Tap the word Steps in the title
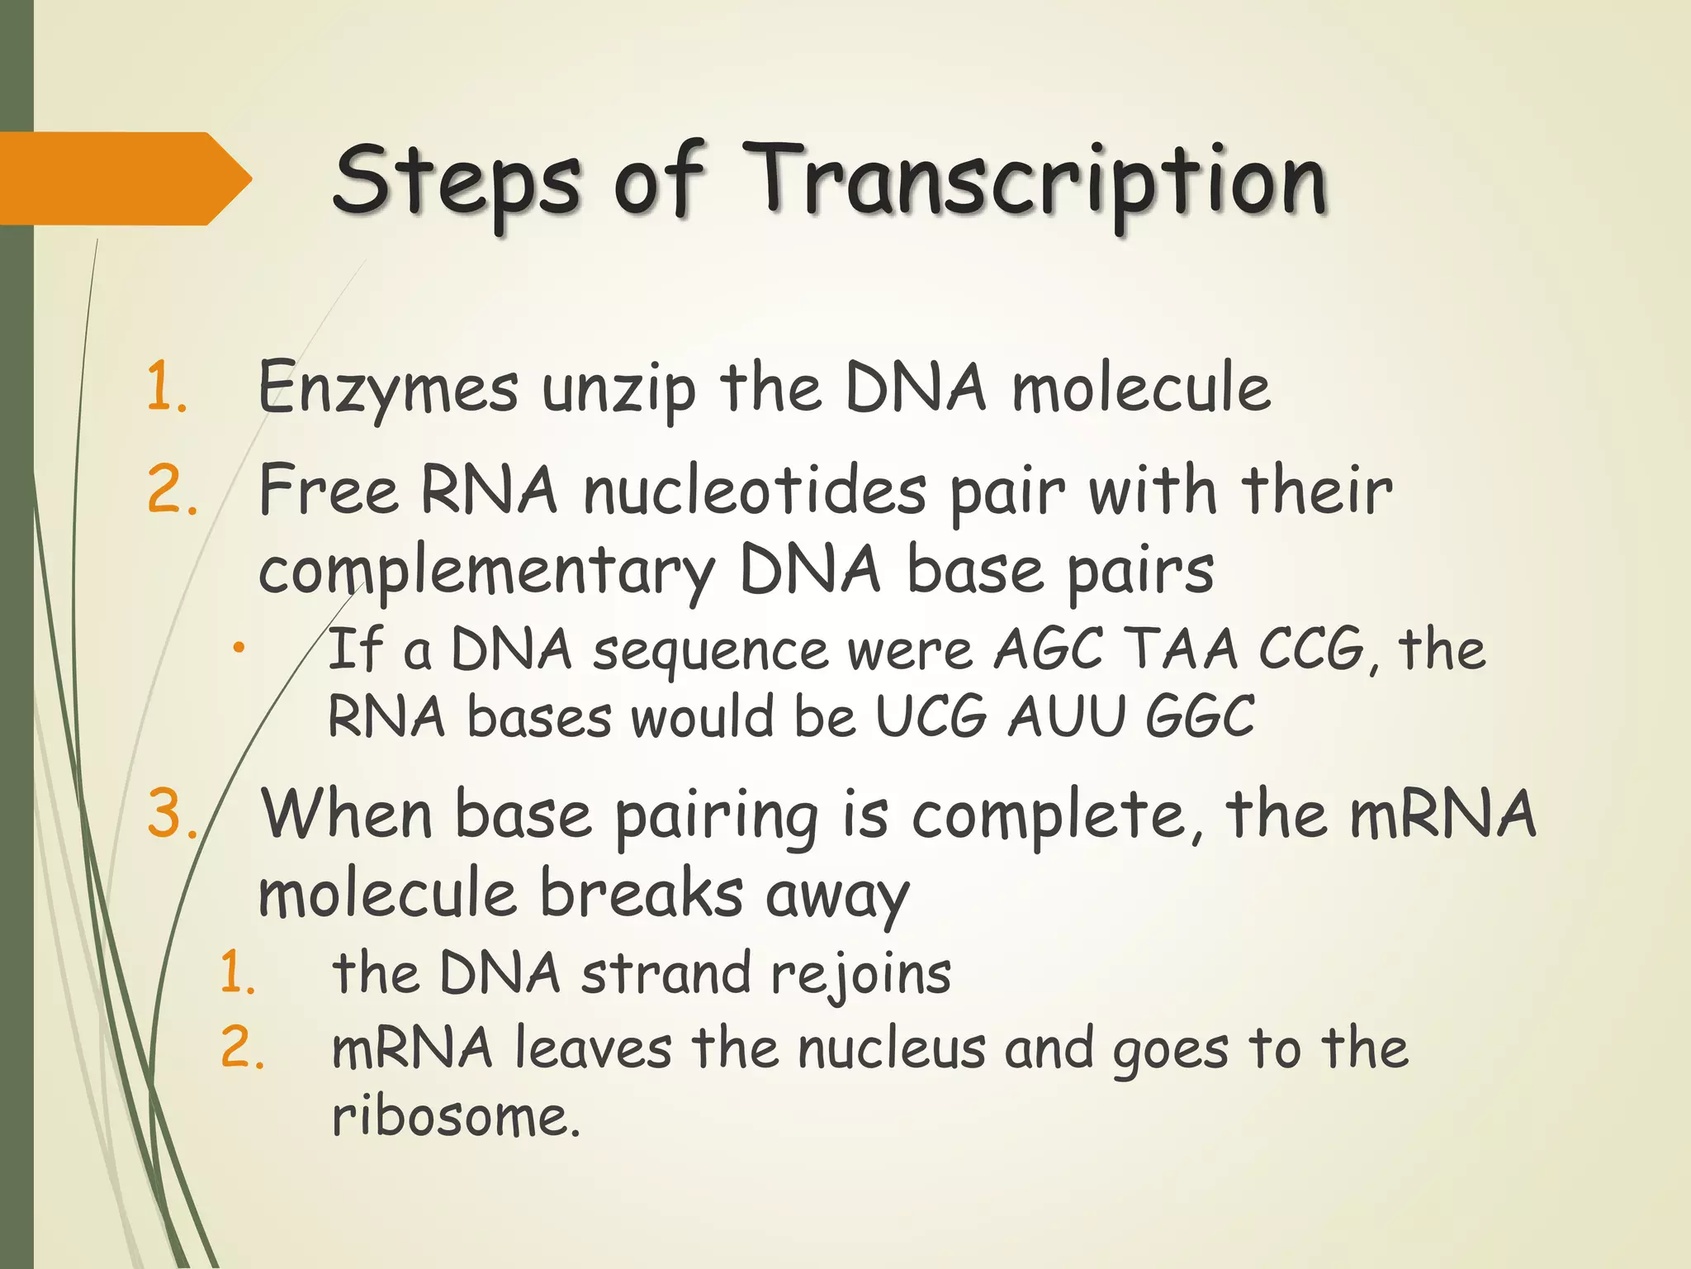pyautogui.click(x=457, y=180)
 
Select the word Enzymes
pyautogui.click(x=388, y=388)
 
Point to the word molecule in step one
pyautogui.click(x=1141, y=388)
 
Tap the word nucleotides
pyautogui.click(x=755, y=491)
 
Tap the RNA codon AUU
pyautogui.click(x=1067, y=715)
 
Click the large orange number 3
pyautogui.click(x=169, y=814)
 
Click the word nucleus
pyautogui.click(x=892, y=1049)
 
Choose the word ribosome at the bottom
pyautogui.click(x=456, y=1117)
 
